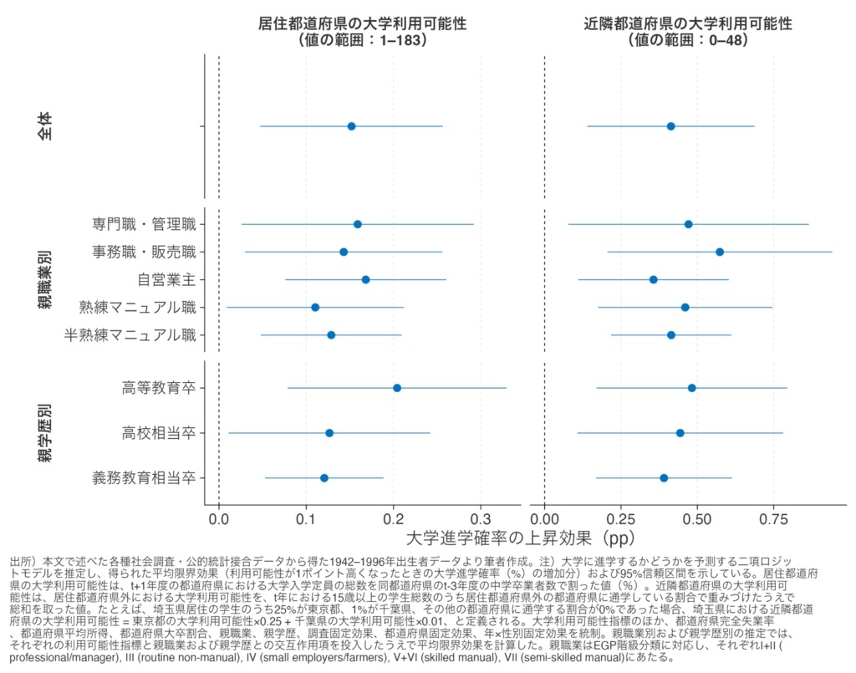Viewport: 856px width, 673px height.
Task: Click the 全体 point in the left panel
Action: [x=351, y=126]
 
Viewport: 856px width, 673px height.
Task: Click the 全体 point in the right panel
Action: [x=670, y=126]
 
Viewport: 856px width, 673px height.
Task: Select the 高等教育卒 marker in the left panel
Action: [x=397, y=388]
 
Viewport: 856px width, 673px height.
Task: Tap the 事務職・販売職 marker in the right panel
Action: [x=720, y=252]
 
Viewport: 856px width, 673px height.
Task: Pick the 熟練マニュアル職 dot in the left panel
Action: [x=315, y=308]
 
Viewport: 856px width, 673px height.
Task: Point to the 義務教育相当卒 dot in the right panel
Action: [x=664, y=478]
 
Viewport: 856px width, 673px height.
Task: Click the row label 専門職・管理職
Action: [x=144, y=224]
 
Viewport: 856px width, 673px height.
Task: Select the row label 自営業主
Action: [x=166, y=279]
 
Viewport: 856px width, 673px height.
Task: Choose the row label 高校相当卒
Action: [x=159, y=433]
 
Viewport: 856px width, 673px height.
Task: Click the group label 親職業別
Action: [x=45, y=280]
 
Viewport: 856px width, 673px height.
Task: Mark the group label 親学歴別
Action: [x=45, y=433]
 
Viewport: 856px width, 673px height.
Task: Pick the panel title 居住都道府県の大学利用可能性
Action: [x=362, y=24]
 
